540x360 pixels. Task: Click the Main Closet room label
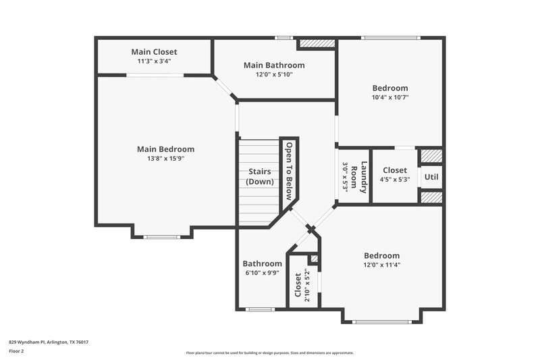tap(154, 51)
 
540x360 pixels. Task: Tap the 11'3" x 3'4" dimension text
tap(154, 61)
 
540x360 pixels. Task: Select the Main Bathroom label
tap(274, 66)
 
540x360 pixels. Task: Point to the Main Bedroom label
tap(165, 149)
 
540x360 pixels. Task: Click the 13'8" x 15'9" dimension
tap(165, 159)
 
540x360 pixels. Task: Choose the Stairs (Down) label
tap(259, 176)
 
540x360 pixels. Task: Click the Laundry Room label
tap(360, 178)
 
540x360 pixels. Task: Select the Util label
tap(431, 177)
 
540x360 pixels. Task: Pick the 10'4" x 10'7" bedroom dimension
tap(390, 97)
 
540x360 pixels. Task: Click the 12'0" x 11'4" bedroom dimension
tap(381, 265)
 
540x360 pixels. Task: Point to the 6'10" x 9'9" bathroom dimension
tap(262, 273)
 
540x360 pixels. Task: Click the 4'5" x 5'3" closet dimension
tap(395, 180)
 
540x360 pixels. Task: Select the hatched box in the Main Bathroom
tap(317, 43)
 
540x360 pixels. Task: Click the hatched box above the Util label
tap(431, 156)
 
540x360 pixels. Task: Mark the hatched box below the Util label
tap(431, 197)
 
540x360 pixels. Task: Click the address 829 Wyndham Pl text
tap(48, 342)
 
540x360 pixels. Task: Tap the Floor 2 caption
tap(17, 352)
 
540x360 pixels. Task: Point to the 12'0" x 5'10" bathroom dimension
tap(274, 75)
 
